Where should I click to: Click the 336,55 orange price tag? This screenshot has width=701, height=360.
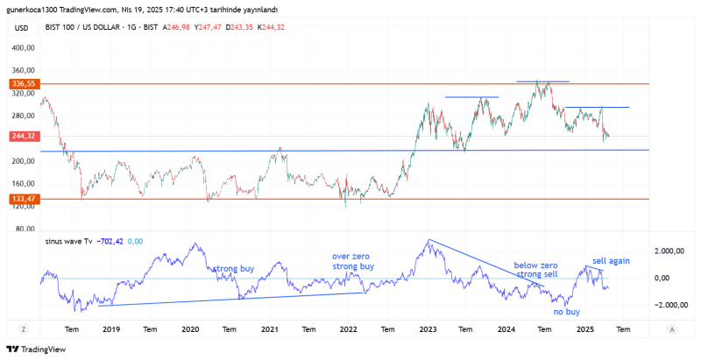point(23,84)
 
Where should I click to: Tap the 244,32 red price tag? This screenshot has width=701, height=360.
point(23,137)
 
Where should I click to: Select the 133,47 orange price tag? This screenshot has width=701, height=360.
point(23,199)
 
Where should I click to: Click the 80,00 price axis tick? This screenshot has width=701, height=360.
point(25,229)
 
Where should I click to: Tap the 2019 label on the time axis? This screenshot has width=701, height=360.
point(111,329)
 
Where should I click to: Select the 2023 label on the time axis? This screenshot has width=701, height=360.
point(428,329)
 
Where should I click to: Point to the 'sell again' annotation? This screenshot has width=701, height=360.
point(611,260)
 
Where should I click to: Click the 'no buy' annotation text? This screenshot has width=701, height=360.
point(567,311)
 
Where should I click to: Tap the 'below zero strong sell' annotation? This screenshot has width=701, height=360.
point(536,270)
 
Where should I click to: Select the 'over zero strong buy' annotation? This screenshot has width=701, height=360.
point(353,261)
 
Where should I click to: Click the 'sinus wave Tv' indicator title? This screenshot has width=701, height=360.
point(69,241)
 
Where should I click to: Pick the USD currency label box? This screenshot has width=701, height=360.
point(22,27)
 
